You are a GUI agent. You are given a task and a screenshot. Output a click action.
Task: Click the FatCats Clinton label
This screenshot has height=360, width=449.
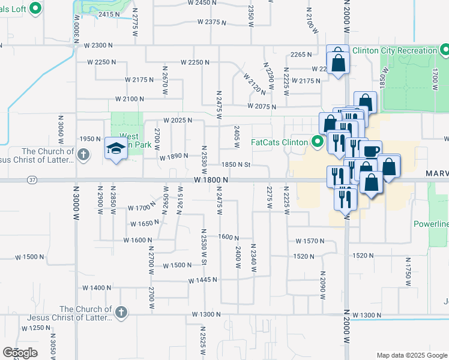tap(279, 142)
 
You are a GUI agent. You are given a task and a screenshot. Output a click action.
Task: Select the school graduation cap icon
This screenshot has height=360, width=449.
tap(115, 149)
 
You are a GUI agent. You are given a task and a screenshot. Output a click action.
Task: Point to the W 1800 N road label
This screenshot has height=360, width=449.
tap(211, 180)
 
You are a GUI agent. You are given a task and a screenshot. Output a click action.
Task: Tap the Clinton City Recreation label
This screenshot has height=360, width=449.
tap(394, 50)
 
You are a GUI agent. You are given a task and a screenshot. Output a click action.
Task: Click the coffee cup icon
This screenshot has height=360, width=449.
tap(371, 150)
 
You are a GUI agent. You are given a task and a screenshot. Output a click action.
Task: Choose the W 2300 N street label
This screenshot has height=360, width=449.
tap(99, 45)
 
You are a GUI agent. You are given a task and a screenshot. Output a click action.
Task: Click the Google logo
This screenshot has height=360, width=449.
tap(20, 353)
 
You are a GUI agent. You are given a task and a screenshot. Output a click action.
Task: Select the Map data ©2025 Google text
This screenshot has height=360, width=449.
tap(411, 355)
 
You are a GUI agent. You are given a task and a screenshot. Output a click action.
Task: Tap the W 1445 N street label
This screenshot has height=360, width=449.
tap(202, 280)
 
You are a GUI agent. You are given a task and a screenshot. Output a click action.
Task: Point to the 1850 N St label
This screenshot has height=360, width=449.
tap(235, 164)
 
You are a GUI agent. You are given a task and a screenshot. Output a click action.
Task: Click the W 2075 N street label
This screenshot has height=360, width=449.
tap(261, 107)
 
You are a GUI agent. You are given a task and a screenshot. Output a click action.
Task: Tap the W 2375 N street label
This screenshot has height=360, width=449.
tap(211, 22)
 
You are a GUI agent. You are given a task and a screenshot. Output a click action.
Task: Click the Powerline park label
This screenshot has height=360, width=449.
tap(431, 224)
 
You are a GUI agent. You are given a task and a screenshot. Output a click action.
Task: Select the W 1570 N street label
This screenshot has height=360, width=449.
tap(310, 241)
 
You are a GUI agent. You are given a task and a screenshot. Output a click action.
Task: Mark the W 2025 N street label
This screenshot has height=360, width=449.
tap(177, 120)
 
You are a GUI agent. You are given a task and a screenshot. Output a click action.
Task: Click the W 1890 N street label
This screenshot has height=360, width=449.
tap(174, 157)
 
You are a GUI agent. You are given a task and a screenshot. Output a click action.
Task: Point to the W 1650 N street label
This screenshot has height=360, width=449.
tap(145, 223)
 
